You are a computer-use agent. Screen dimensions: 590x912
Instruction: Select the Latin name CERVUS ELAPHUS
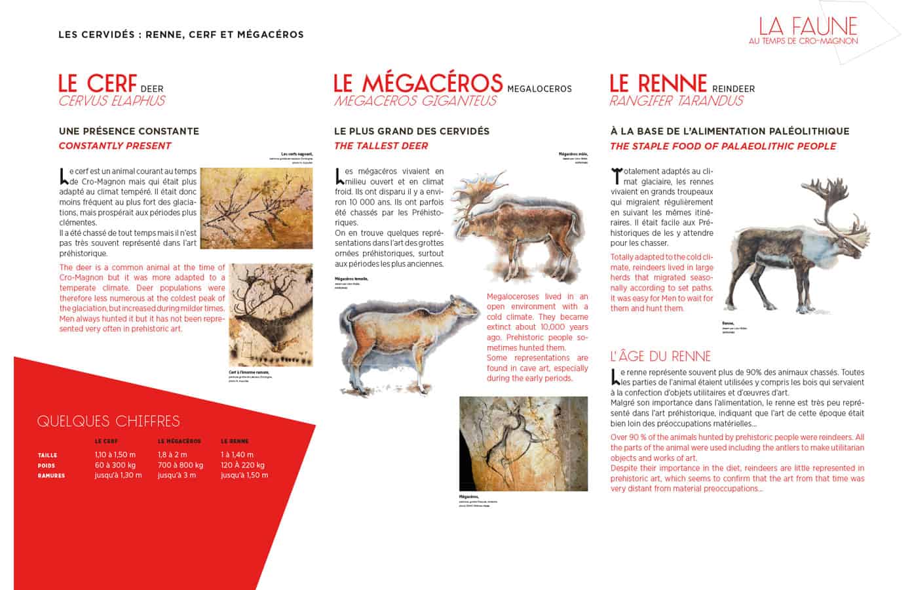point(111,101)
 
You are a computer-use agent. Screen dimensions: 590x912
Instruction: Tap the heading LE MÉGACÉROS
point(418,83)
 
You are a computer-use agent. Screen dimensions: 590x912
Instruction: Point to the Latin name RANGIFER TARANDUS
point(676,101)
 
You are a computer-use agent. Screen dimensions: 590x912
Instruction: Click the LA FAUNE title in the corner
point(807,26)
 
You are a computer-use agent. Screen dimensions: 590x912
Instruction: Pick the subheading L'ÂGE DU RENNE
point(660,357)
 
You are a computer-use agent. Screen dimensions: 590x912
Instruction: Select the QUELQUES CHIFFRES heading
point(108,421)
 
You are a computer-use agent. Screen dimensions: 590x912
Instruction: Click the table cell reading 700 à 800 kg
point(180,465)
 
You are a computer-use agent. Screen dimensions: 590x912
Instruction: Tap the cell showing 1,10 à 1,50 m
point(115,454)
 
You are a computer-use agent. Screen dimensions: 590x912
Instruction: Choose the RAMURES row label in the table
point(51,475)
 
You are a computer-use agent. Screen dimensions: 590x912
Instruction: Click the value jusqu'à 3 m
point(176,475)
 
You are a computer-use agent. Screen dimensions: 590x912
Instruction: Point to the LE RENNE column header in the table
point(235,441)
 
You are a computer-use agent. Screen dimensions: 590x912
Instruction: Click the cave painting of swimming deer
point(256,208)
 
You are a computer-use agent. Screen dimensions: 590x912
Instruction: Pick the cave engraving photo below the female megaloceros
point(523,443)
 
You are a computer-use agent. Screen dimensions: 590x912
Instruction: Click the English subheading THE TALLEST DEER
point(381,146)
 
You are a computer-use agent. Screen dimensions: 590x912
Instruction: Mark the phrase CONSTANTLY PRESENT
point(115,146)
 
